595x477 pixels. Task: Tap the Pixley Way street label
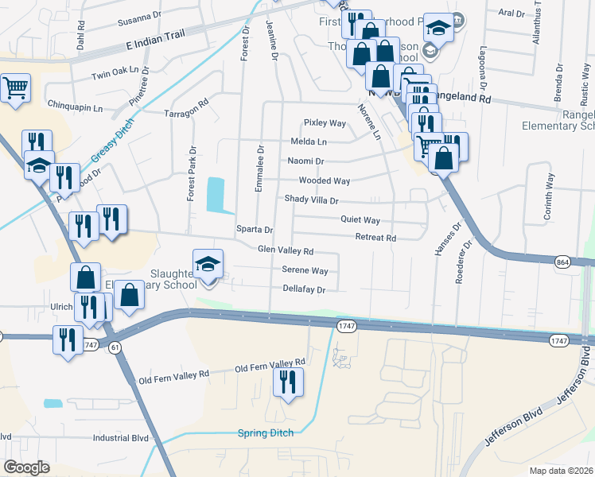[325, 123]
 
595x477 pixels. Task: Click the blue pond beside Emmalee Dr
[215, 194]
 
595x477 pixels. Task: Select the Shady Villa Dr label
[312, 200]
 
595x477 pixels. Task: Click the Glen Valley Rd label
[285, 250]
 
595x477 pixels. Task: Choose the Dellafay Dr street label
[305, 290]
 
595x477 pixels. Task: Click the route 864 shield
[562, 262]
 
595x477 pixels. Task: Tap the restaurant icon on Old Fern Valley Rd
[287, 382]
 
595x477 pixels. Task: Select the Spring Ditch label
[266, 432]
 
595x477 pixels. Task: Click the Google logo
[26, 467]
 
